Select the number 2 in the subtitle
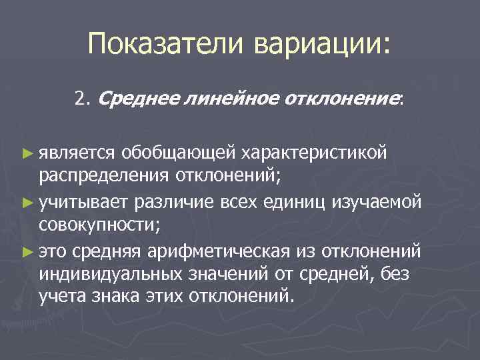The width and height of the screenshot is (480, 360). click(80, 99)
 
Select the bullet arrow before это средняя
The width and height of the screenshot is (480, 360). click(27, 250)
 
